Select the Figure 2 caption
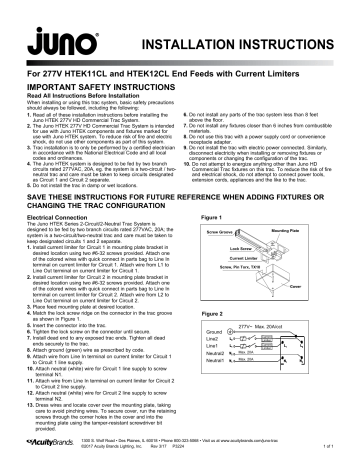(x=212, y=313)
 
